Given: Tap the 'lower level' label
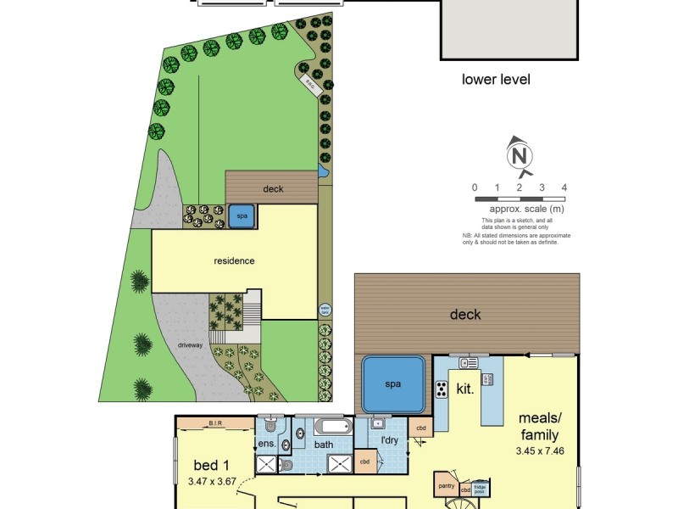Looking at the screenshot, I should coord(496,80).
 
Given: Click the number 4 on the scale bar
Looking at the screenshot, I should coord(564,187).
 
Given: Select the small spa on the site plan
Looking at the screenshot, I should coord(242,216).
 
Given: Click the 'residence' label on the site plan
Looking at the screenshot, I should coord(234,260).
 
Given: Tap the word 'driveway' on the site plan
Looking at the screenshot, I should coord(189,345).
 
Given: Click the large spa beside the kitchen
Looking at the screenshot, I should coord(392,383).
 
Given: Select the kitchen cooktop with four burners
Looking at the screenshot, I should coord(442,389).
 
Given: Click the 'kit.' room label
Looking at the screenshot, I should coord(464,389).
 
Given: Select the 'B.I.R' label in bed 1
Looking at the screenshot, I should coord(214,422).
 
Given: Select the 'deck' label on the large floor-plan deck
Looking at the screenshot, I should coord(465,315).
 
